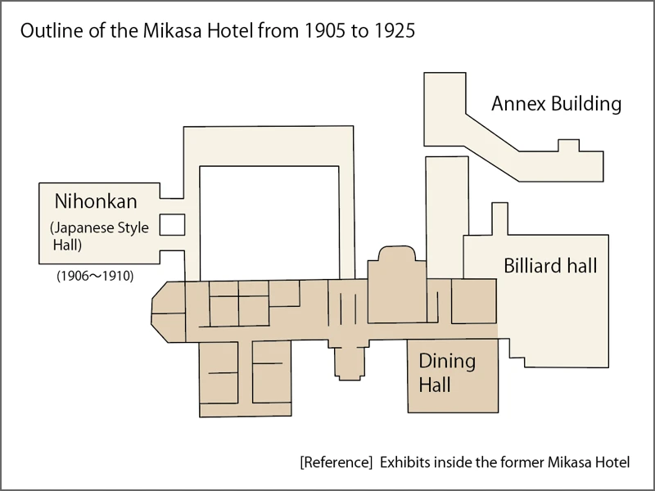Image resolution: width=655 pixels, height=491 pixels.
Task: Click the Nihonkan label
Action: point(96,201)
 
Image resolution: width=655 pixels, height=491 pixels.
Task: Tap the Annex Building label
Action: point(557,104)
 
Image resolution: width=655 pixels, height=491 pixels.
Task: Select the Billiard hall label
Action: point(550,265)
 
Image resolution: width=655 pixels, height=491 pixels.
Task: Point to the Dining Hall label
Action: point(447,372)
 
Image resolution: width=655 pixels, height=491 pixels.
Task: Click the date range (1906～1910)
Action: point(95,276)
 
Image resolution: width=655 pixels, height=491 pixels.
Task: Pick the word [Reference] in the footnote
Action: point(336,462)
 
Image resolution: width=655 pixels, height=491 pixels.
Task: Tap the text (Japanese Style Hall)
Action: point(99,236)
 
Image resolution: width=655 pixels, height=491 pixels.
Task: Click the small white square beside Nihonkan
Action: point(172,224)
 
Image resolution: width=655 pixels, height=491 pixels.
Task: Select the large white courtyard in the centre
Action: point(269,223)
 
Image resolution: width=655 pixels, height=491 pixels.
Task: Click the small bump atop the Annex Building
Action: point(568,146)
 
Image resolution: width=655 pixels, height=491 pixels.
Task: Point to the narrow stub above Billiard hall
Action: point(500,218)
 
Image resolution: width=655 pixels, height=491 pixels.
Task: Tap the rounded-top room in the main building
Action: point(397,285)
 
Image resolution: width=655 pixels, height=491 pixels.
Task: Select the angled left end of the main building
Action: point(168,312)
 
